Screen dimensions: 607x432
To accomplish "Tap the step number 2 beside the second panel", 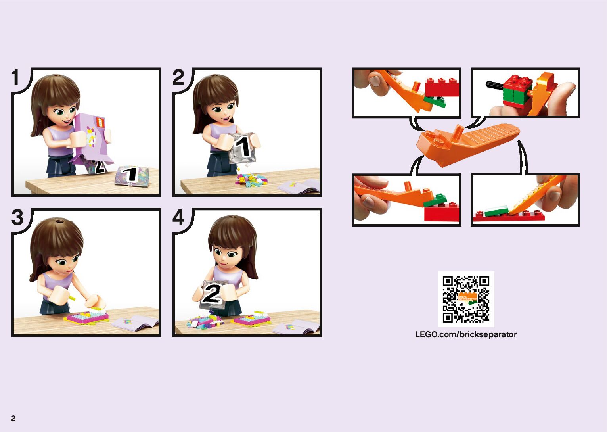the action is (x=178, y=77).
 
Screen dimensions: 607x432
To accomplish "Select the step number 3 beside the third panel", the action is (x=17, y=217).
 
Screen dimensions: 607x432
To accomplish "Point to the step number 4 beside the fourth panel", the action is (x=178, y=217).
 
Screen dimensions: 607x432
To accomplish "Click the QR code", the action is (x=466, y=299).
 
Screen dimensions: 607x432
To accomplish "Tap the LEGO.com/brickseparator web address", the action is (x=466, y=334).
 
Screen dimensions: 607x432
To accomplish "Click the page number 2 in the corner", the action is (x=13, y=418).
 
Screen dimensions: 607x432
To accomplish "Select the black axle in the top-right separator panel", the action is (x=495, y=85).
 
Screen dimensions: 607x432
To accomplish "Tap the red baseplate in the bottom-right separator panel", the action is (x=509, y=216).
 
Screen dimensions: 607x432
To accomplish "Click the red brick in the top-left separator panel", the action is (x=442, y=87).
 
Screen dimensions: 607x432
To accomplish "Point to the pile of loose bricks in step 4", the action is (x=205, y=321).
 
